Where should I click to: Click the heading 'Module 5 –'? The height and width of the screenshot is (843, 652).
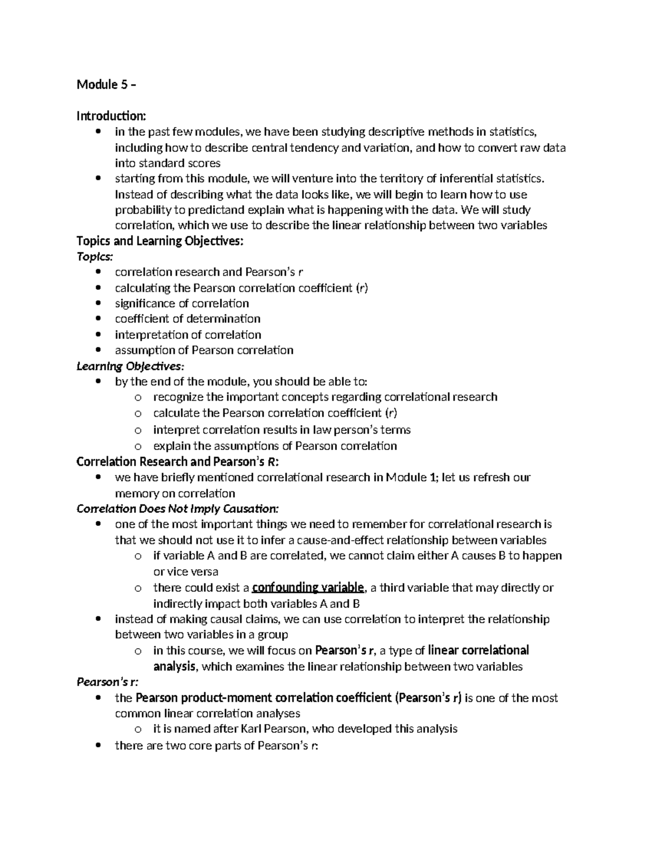pos(106,84)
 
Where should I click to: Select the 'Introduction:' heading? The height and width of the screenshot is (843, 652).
pos(111,116)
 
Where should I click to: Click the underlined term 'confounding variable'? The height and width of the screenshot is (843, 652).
pos(308,587)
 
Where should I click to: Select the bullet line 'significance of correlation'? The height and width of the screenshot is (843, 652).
pos(181,303)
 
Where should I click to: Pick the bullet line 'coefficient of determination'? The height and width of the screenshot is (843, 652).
pos(187,319)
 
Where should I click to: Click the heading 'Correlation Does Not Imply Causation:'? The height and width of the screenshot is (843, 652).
pos(178,509)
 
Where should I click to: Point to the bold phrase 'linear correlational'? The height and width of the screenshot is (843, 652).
pos(478,650)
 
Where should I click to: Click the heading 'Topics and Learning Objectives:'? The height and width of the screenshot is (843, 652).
pos(160,241)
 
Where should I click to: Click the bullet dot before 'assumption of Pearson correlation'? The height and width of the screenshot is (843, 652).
pos(98,350)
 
